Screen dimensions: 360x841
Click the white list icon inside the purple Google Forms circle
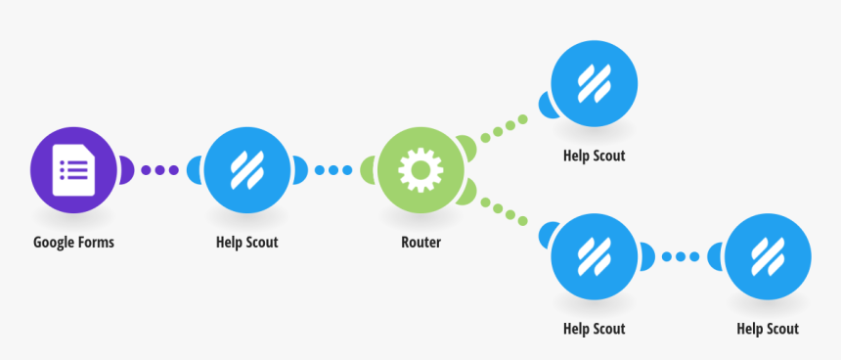tap(73, 170)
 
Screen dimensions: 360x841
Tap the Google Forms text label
tap(73, 242)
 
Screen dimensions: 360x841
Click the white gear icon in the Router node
tap(420, 170)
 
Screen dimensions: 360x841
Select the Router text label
tap(420, 242)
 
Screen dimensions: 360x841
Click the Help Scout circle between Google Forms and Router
tap(246, 170)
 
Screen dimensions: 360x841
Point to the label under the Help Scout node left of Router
tap(246, 242)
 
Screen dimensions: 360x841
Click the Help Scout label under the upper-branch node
tap(594, 155)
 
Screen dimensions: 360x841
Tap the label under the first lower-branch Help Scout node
tap(594, 329)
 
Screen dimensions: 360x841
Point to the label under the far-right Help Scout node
tap(768, 329)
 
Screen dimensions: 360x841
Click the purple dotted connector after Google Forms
tap(159, 170)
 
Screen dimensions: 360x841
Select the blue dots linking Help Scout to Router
tap(333, 170)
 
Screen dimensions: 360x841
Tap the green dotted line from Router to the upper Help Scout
tap(504, 127)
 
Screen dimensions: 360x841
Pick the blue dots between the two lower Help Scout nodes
tap(681, 256)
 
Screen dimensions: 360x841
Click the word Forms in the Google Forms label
tap(96, 242)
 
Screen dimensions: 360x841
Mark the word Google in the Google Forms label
tap(54, 242)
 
